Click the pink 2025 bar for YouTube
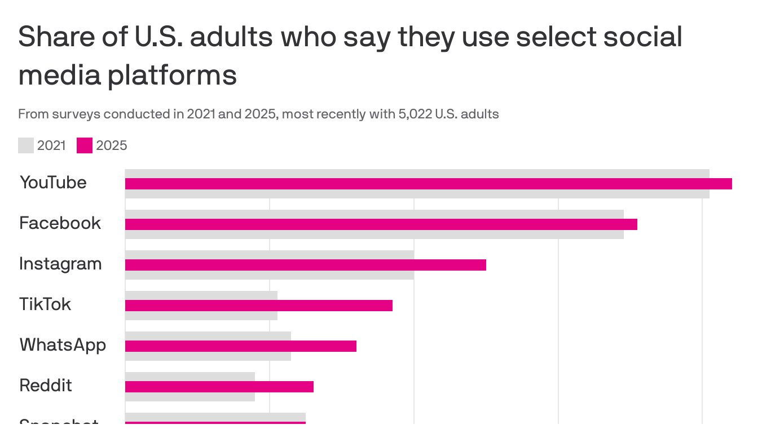428,184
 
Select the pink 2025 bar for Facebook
381,224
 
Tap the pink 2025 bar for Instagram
305,265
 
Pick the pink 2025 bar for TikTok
258,306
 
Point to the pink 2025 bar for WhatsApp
240,346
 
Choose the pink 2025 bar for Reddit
219,387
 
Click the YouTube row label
53,183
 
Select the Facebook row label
60,223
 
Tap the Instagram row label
60,264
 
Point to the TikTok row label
45,304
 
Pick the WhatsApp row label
63,345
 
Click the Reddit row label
46,386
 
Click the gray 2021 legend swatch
26,145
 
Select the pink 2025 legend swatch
85,145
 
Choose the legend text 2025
112,145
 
